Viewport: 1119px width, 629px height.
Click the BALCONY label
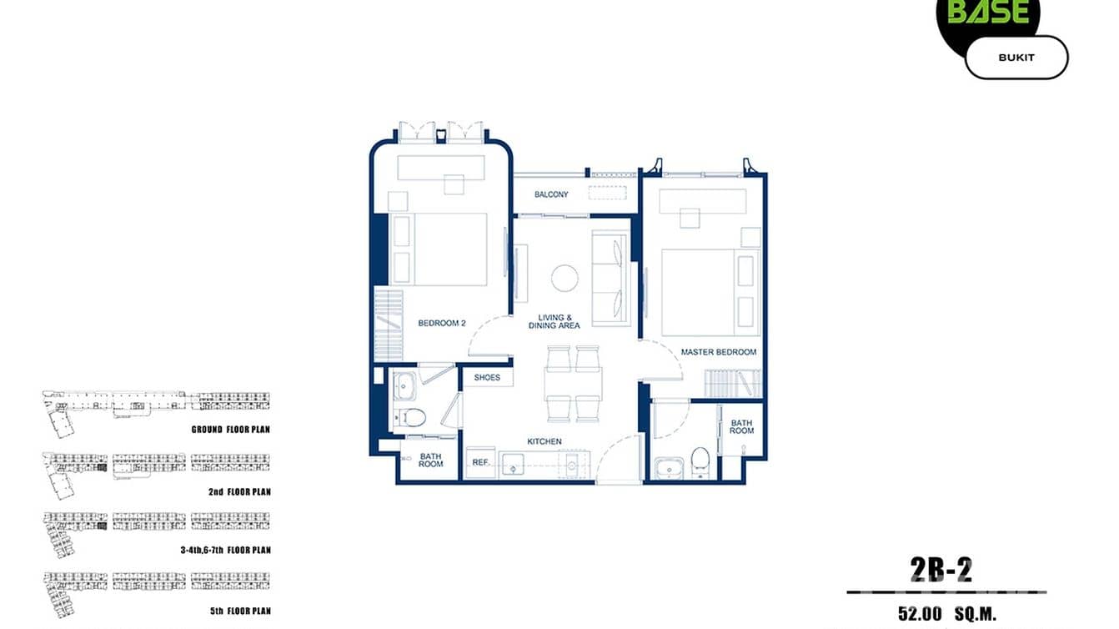[x=551, y=194]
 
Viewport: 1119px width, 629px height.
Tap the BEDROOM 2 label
[x=441, y=323]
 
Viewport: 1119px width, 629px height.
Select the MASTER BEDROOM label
[x=718, y=352]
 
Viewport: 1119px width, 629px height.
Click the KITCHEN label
[x=544, y=441]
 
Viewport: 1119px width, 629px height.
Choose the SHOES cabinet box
[x=487, y=378]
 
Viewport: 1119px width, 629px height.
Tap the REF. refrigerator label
[x=480, y=462]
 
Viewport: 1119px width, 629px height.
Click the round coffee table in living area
[x=565, y=278]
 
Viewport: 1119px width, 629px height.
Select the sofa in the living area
[x=611, y=279]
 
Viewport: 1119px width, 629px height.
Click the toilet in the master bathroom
[x=700, y=460]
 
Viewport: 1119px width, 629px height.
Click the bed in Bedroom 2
[x=449, y=249]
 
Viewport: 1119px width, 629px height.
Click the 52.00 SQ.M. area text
[x=947, y=614]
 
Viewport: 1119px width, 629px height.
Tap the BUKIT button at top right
[x=1016, y=58]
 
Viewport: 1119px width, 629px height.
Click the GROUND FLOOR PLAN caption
[x=230, y=430]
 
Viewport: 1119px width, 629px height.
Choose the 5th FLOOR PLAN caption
[x=240, y=611]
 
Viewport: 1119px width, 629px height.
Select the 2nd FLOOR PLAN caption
[x=239, y=492]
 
